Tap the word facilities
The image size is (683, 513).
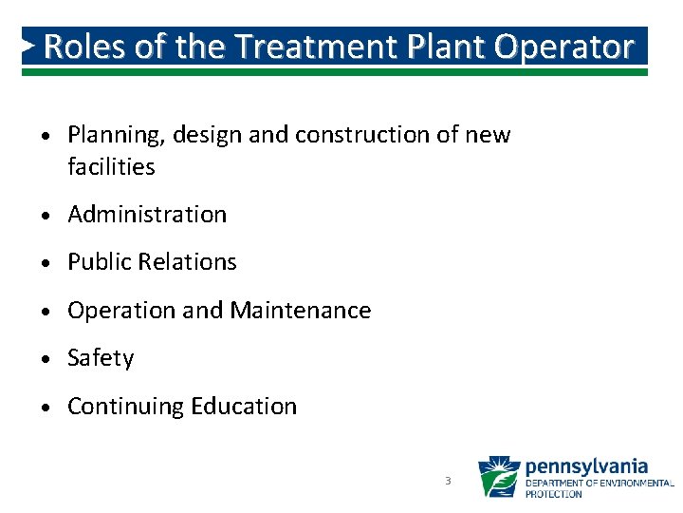[x=111, y=167]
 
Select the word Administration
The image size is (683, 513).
[x=147, y=215]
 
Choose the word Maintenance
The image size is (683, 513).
[x=301, y=311]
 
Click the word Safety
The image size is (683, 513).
[x=101, y=359]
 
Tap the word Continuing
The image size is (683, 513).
[x=125, y=407]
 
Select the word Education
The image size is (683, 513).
[x=244, y=407]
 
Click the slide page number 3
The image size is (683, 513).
[x=448, y=481]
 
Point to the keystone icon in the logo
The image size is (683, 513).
[x=498, y=477]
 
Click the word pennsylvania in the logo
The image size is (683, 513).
[x=586, y=466]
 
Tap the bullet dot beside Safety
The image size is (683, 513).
[x=48, y=359]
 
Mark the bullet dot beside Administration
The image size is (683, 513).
[x=48, y=216]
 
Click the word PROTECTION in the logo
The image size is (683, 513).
[x=555, y=494]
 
